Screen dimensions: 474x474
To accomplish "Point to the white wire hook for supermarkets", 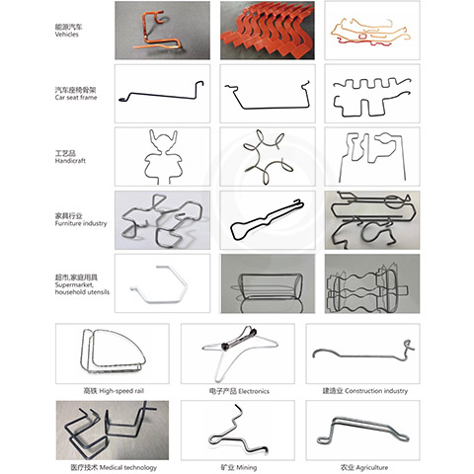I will [x=162, y=283].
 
